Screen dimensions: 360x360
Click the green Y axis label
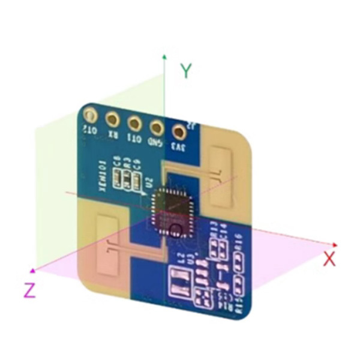pos(187,71)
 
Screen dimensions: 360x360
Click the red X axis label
pos(329,259)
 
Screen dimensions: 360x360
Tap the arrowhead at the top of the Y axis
pos(164,55)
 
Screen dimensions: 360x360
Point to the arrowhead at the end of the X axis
pos(336,245)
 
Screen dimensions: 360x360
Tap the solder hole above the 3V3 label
pos(178,131)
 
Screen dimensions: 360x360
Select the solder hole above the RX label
pos(112,120)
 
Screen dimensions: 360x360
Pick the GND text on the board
pos(155,143)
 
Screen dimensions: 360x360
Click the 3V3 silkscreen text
pos(178,146)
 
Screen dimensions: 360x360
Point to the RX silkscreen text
pos(112,134)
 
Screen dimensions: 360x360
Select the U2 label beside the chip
pos(150,182)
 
